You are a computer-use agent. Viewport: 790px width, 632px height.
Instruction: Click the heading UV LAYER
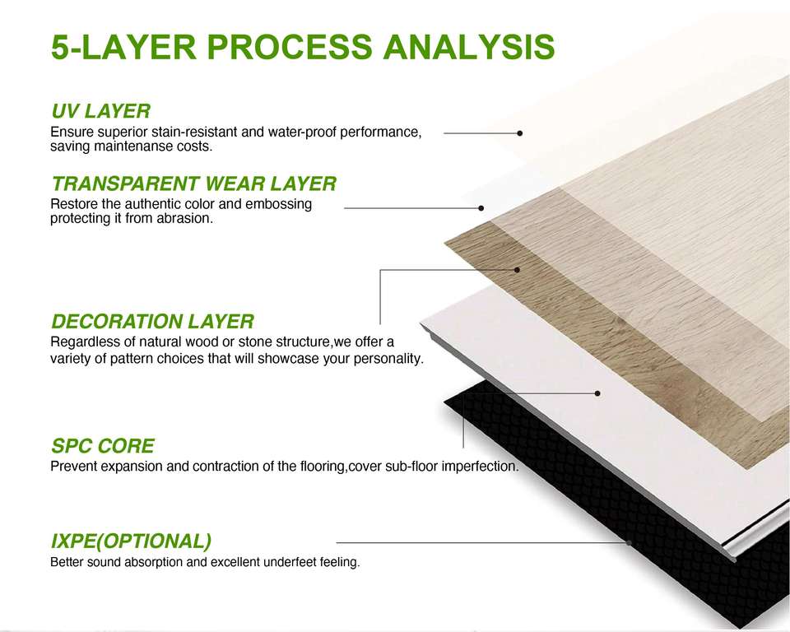pyautogui.click(x=100, y=111)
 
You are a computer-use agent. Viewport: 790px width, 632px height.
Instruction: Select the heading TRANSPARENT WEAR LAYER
pyautogui.click(x=193, y=184)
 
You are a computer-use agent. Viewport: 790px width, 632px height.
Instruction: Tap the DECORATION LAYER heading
pyautogui.click(x=152, y=321)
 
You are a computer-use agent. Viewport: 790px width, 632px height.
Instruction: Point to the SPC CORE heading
pyautogui.click(x=102, y=447)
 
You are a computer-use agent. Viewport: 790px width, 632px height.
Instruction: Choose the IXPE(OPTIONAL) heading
pyautogui.click(x=131, y=541)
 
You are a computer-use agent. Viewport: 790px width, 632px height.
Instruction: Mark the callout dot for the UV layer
pyautogui.click(x=520, y=132)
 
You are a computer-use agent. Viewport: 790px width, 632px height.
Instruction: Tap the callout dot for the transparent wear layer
pyautogui.click(x=481, y=208)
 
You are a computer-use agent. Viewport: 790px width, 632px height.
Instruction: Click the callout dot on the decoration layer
pyautogui.click(x=517, y=269)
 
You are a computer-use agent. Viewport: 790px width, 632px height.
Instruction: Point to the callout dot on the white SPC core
pyautogui.click(x=597, y=393)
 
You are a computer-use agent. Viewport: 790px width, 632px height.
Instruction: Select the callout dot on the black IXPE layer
pyautogui.click(x=629, y=542)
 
